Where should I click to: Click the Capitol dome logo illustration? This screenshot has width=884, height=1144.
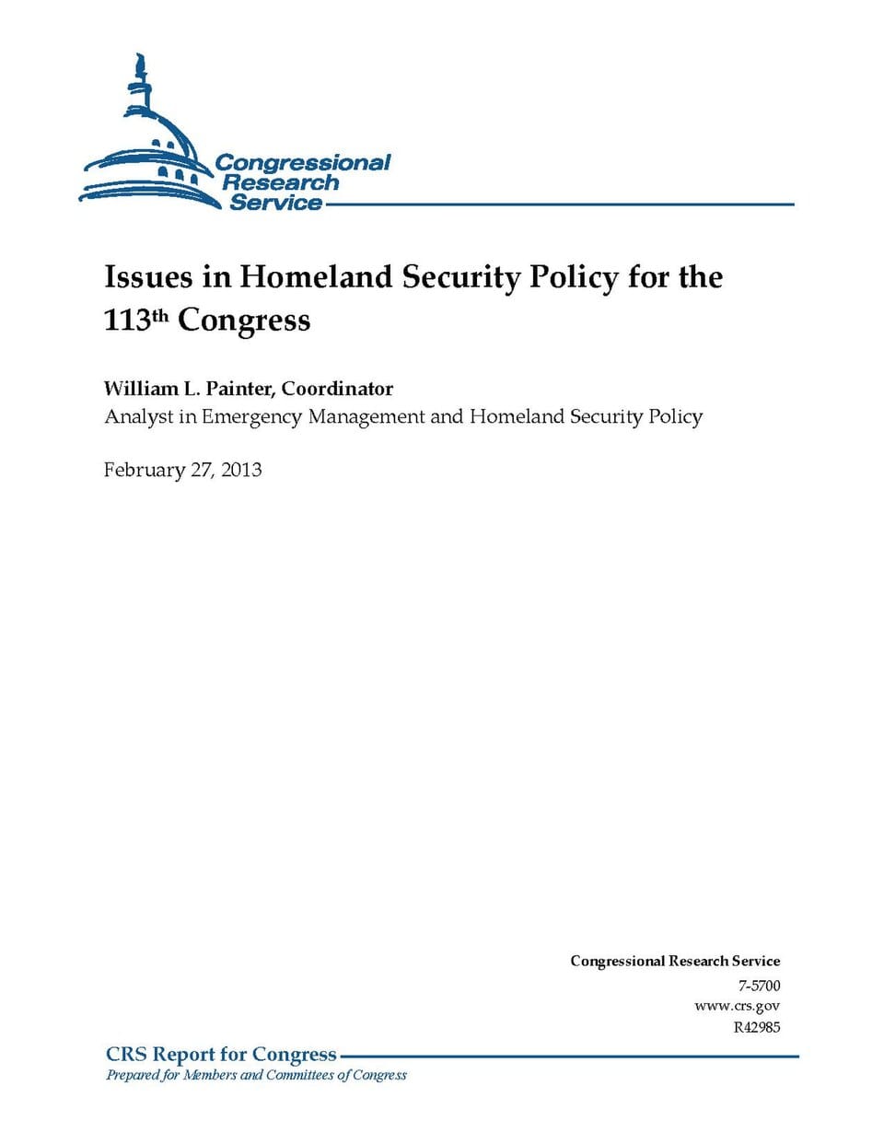[x=147, y=147]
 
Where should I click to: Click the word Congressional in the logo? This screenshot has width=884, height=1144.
[x=303, y=163]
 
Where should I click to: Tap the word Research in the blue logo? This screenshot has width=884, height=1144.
[x=280, y=183]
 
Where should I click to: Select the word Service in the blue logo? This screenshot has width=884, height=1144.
[x=275, y=204]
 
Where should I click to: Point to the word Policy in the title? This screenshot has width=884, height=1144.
[x=573, y=277]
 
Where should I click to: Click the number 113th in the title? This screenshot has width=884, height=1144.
[x=136, y=320]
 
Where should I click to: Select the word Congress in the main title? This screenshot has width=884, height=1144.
[x=244, y=320]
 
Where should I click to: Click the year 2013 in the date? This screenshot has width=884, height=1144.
[x=241, y=470]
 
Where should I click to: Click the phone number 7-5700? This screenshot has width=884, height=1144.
[x=759, y=986]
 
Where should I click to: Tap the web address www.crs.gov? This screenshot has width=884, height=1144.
[x=737, y=1006]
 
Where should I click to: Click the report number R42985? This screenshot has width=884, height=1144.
[x=756, y=1027]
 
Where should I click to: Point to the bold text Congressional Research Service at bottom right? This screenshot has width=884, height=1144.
[x=675, y=961]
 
